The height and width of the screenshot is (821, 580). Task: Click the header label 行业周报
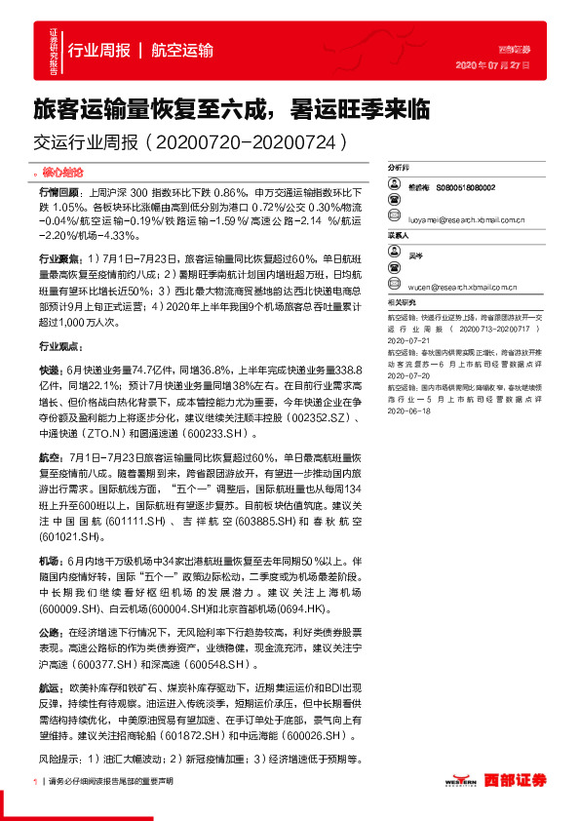[x=98, y=51]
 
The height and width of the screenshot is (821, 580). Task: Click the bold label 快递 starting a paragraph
[x=49, y=371]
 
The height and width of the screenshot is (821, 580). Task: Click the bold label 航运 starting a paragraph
[x=49, y=688]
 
